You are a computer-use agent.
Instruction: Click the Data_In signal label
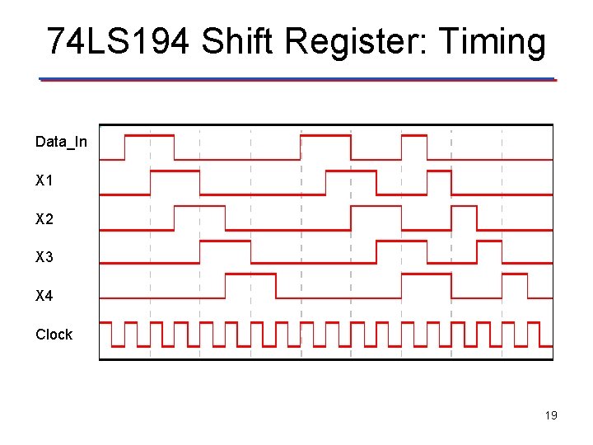(61, 142)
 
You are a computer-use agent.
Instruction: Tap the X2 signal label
(44, 219)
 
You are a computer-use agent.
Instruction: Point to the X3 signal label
(44, 257)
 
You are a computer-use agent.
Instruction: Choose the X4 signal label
(44, 295)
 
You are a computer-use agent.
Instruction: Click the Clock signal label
(54, 334)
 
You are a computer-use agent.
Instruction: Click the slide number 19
(551, 415)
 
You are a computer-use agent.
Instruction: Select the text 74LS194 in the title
(119, 41)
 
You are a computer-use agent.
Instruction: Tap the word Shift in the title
(235, 41)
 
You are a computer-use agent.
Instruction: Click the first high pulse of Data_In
(149, 135)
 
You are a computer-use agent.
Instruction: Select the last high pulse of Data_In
(414, 136)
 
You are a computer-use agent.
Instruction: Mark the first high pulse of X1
(175, 171)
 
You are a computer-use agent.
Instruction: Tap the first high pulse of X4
(250, 274)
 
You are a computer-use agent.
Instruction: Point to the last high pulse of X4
(516, 274)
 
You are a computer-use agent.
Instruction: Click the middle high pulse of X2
(376, 207)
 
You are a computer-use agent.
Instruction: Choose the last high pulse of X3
(489, 241)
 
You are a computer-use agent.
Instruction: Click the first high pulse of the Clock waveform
(118, 322)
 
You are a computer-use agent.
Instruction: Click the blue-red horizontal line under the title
(297, 80)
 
